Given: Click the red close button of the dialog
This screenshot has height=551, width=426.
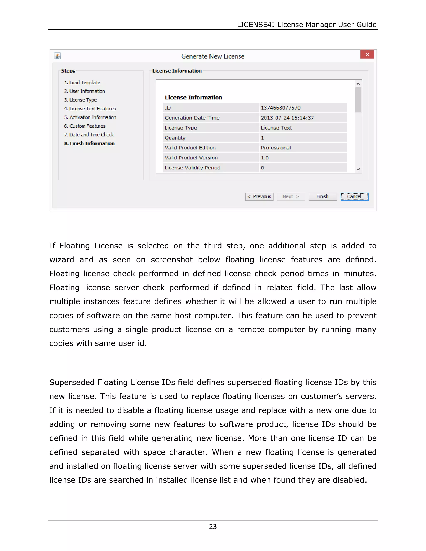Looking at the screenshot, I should [367, 54].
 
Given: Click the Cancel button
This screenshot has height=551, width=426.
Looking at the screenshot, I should [354, 196].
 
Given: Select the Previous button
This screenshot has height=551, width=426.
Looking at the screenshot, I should [259, 196].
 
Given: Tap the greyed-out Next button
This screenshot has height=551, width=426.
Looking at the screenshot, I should [291, 196].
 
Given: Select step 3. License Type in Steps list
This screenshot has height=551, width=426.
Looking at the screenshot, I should [80, 100].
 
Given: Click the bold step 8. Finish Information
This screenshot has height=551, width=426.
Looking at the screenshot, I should [89, 143].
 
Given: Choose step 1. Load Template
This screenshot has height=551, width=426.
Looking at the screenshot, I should [82, 83].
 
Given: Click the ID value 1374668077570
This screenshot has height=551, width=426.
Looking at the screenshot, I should [280, 108].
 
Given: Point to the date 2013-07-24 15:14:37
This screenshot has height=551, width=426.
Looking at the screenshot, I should [287, 118].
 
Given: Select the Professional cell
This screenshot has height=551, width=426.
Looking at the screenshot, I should [276, 148].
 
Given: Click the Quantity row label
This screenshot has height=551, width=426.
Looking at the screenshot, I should [175, 138].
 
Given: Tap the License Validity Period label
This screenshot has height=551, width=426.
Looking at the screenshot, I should [192, 168].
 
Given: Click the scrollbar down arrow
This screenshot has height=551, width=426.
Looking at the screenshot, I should [358, 169].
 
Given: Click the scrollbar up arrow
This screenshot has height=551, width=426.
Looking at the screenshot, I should [358, 84].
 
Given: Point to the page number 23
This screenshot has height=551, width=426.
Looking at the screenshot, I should [213, 526].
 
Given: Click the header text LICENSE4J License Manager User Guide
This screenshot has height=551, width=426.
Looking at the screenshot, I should [306, 25].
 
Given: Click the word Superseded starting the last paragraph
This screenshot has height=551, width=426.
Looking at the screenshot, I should [72, 382].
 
